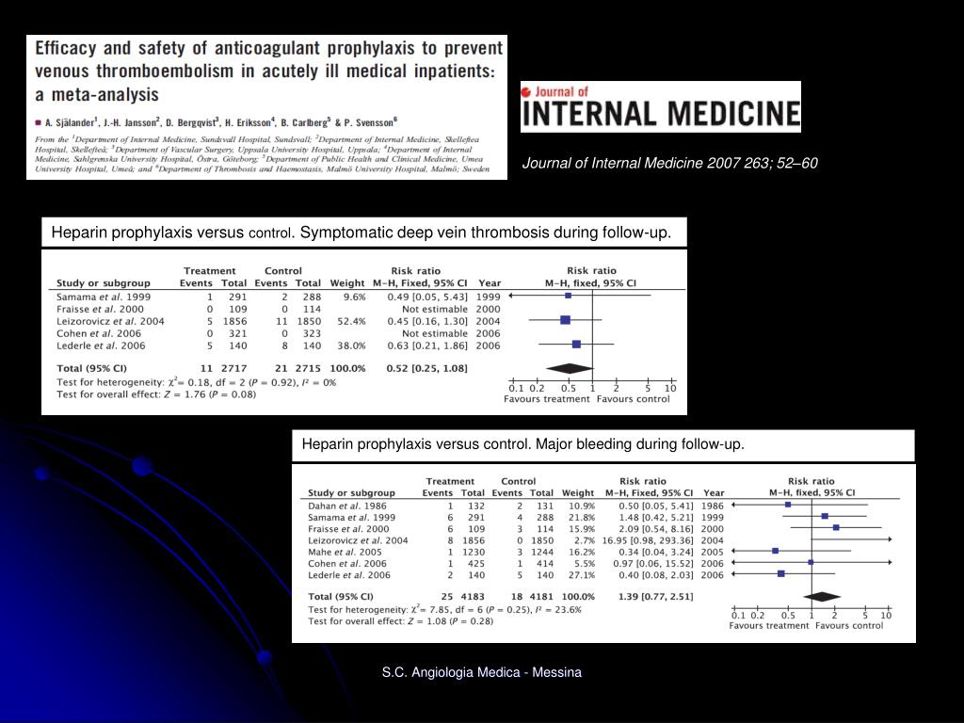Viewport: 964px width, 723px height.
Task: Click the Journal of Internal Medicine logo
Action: pos(660,106)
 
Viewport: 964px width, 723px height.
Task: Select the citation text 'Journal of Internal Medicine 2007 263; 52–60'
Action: pos(670,164)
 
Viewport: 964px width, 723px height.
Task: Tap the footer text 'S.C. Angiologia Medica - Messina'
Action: pos(482,672)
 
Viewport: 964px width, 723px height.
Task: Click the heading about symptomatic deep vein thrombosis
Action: pos(361,233)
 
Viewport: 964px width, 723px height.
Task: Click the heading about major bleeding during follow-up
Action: pos(522,444)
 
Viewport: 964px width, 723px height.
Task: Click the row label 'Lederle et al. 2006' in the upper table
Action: pos(101,345)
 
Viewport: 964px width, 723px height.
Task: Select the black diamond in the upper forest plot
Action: pos(570,368)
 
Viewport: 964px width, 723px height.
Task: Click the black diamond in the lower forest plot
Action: pos(822,596)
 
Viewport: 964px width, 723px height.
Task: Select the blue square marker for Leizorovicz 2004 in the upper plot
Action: pos(565,321)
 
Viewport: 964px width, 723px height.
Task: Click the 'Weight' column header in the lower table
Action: pos(577,492)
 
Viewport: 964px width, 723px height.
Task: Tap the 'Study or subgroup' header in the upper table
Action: pos(104,283)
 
